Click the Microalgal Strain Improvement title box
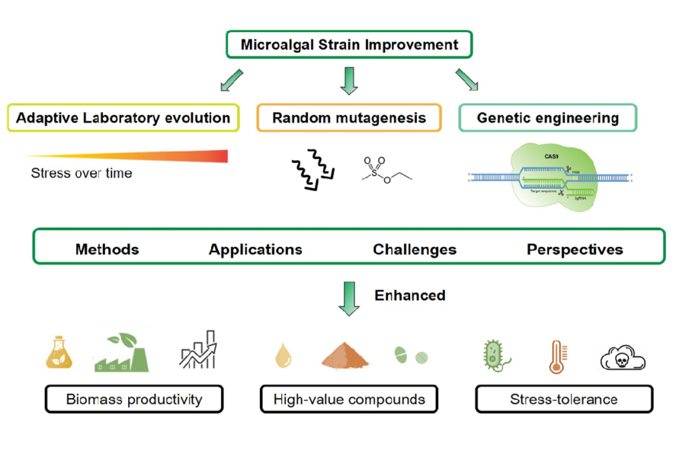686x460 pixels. click(x=349, y=44)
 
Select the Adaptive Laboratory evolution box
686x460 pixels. click(x=123, y=118)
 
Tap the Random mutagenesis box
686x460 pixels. click(x=349, y=118)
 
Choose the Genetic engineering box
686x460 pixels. click(x=547, y=118)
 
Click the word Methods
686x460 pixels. click(x=107, y=249)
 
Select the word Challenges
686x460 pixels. click(x=415, y=249)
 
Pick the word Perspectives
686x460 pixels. click(x=575, y=249)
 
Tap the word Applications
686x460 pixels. click(x=255, y=249)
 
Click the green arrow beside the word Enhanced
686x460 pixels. click(x=349, y=298)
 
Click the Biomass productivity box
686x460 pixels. click(x=134, y=399)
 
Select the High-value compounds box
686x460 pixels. click(x=349, y=399)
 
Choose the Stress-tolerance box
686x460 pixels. click(x=564, y=399)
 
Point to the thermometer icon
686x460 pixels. click(x=556, y=356)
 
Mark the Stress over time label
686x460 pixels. click(x=82, y=174)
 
